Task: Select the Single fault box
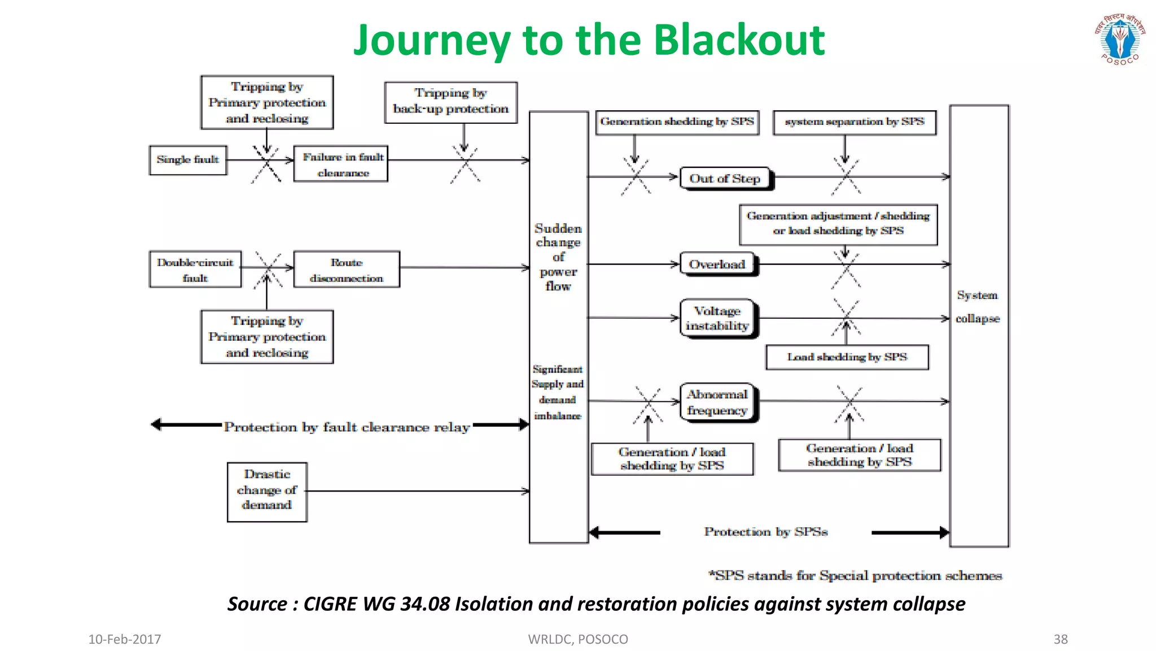click(188, 160)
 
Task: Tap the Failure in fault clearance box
click(341, 164)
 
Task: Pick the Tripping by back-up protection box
click(450, 102)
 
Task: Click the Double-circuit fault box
click(195, 270)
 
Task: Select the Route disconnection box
click(347, 270)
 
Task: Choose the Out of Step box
click(725, 179)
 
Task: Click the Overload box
click(717, 264)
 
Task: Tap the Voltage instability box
click(717, 318)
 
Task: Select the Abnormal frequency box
click(717, 402)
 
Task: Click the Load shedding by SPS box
click(847, 357)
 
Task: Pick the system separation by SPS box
click(855, 122)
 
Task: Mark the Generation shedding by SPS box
click(677, 122)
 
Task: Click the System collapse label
click(978, 307)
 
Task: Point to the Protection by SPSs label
click(766, 532)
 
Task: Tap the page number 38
click(1060, 639)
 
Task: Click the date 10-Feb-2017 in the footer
click(125, 639)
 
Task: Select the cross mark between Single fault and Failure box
click(266, 163)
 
